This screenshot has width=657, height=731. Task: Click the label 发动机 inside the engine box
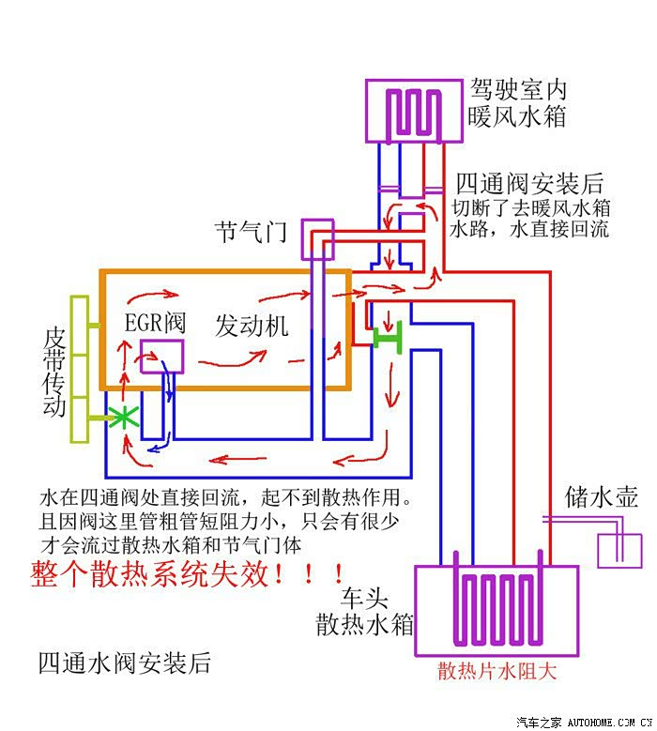(x=252, y=326)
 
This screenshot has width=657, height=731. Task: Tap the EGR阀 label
(x=155, y=323)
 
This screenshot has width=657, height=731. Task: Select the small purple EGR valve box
(x=161, y=354)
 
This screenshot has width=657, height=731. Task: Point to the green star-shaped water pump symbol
(x=121, y=418)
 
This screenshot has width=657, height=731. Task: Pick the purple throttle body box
(x=317, y=239)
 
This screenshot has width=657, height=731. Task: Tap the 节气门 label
(x=251, y=232)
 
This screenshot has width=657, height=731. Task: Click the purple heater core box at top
(x=413, y=111)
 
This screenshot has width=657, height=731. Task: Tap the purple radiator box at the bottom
(x=497, y=610)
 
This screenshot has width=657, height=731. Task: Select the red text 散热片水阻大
(x=497, y=671)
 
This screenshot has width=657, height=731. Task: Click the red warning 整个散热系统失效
(x=188, y=572)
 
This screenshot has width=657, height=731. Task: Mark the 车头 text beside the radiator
(x=365, y=597)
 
